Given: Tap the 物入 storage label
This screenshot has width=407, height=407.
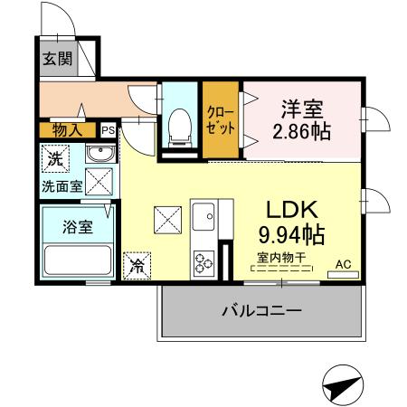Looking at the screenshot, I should click(67, 129).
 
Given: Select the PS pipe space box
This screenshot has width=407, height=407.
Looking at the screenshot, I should click(108, 130).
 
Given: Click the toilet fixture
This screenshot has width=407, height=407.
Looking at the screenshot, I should click(179, 126).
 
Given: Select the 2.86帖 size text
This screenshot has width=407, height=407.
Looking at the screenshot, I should click(301, 131).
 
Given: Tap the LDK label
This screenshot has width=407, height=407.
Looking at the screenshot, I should click(289, 210).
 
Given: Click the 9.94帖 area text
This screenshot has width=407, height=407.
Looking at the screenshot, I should click(289, 234).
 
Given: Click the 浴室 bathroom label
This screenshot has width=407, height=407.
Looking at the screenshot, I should click(77, 226).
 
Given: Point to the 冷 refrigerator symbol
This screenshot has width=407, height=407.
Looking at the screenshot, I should click(137, 265).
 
